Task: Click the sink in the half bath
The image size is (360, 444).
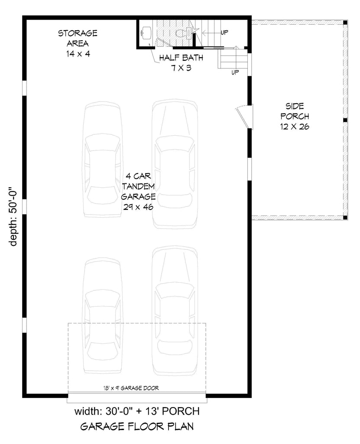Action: coord(146,32)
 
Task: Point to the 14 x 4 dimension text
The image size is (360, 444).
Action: coord(78,54)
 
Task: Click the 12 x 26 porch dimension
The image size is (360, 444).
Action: coord(295,127)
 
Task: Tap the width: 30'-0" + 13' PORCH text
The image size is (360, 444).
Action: coord(137,410)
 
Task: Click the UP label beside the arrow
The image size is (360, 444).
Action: coord(225,32)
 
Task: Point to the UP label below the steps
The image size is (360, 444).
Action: coord(235,72)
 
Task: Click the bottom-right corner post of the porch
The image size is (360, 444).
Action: coord(345,217)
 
